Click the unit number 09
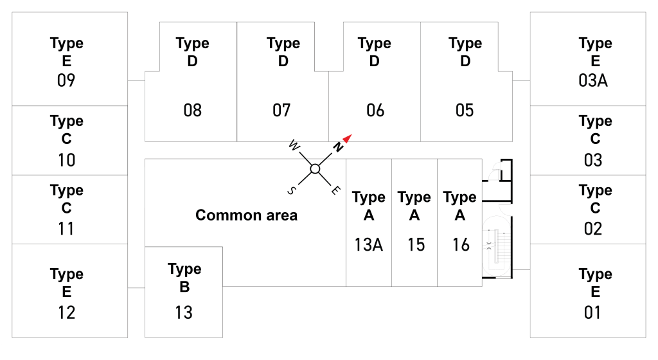coord(66,80)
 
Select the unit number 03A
coord(593,80)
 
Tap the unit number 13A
coord(368,245)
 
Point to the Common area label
coord(246,215)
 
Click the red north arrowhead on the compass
coord(347,138)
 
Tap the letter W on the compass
coord(294,145)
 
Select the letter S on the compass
coord(292,191)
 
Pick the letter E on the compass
coord(335,190)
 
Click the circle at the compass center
coord(315,168)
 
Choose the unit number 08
coord(193,111)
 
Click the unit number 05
coord(465,111)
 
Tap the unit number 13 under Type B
coord(184,312)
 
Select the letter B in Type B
coord(184,287)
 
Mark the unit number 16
coord(460,245)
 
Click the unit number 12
coord(66,312)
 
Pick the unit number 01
coord(592,312)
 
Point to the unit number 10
coord(66,160)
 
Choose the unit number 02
coord(593,229)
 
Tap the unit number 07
coord(281,111)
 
